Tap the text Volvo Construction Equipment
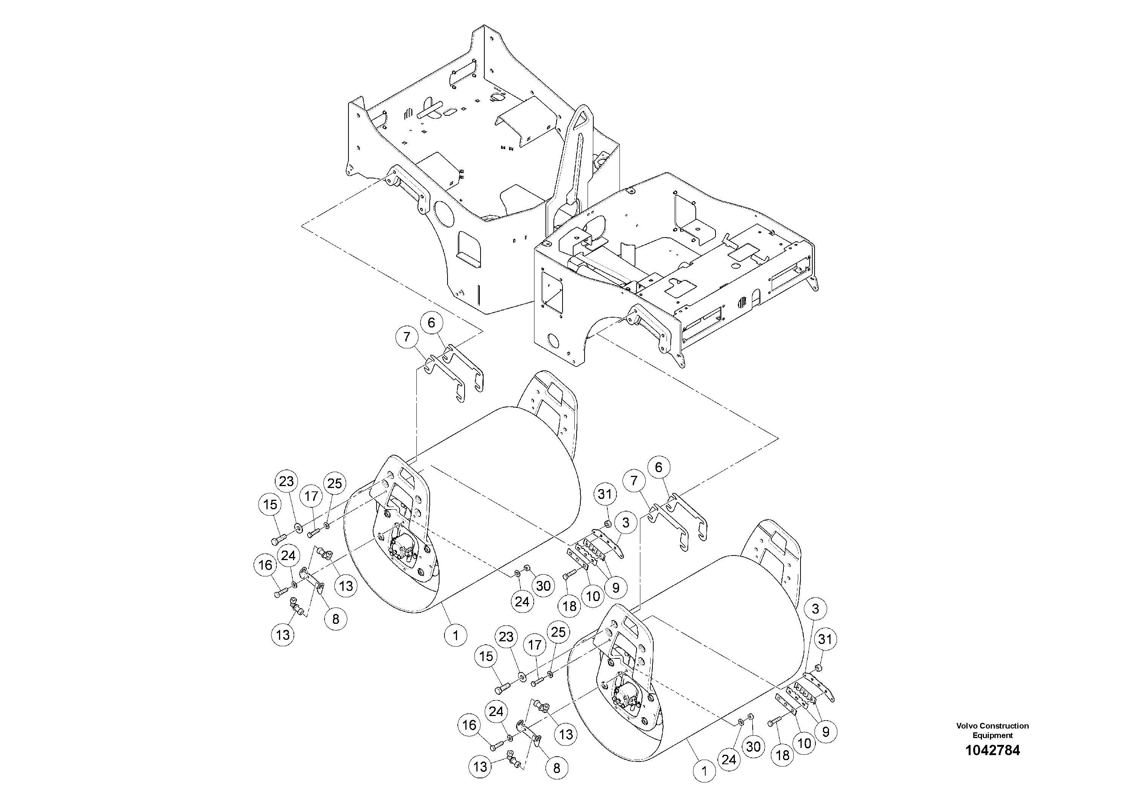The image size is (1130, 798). pyautogui.click(x=992, y=730)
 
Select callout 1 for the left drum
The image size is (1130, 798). pyautogui.click(x=455, y=635)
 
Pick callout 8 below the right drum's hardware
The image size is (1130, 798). pyautogui.click(x=556, y=768)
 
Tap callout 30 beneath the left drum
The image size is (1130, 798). pyautogui.click(x=543, y=586)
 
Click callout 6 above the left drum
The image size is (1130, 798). pyautogui.click(x=432, y=323)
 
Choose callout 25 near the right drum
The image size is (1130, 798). pyautogui.click(x=558, y=632)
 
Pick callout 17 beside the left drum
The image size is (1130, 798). pyautogui.click(x=311, y=496)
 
